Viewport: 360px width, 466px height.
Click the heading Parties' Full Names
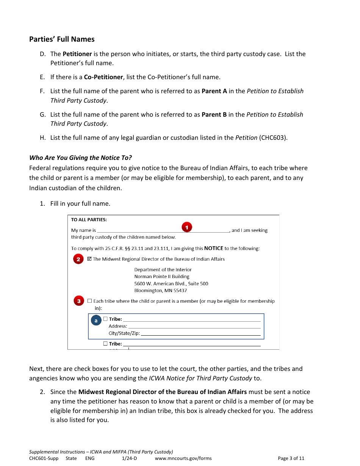pyautogui.click(x=62, y=39)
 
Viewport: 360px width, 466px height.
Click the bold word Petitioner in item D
pyautogui.click(x=77, y=54)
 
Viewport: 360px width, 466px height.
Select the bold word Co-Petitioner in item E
pyautogui.click(x=103, y=77)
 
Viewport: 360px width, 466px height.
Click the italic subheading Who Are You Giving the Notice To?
pyautogui.click(x=80, y=158)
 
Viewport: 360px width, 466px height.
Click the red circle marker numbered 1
pyautogui.click(x=187, y=227)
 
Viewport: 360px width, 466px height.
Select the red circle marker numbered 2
pyautogui.click(x=78, y=259)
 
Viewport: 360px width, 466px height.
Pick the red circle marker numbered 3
pyautogui.click(x=78, y=301)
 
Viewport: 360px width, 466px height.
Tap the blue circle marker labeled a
pyautogui.click(x=96, y=321)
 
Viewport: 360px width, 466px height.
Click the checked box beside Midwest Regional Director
pyautogui.click(x=89, y=259)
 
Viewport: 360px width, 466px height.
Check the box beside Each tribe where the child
pyautogui.click(x=89, y=301)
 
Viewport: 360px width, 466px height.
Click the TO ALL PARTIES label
pyautogui.click(x=89, y=220)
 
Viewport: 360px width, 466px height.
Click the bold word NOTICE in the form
pyautogui.click(x=214, y=249)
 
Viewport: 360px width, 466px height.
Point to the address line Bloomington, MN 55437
pyautogui.click(x=160, y=291)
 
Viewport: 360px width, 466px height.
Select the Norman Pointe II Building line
pyautogui.click(x=162, y=277)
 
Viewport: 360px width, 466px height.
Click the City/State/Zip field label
pyautogui.click(x=124, y=333)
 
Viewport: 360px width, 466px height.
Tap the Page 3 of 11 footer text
pyautogui.click(x=291, y=458)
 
